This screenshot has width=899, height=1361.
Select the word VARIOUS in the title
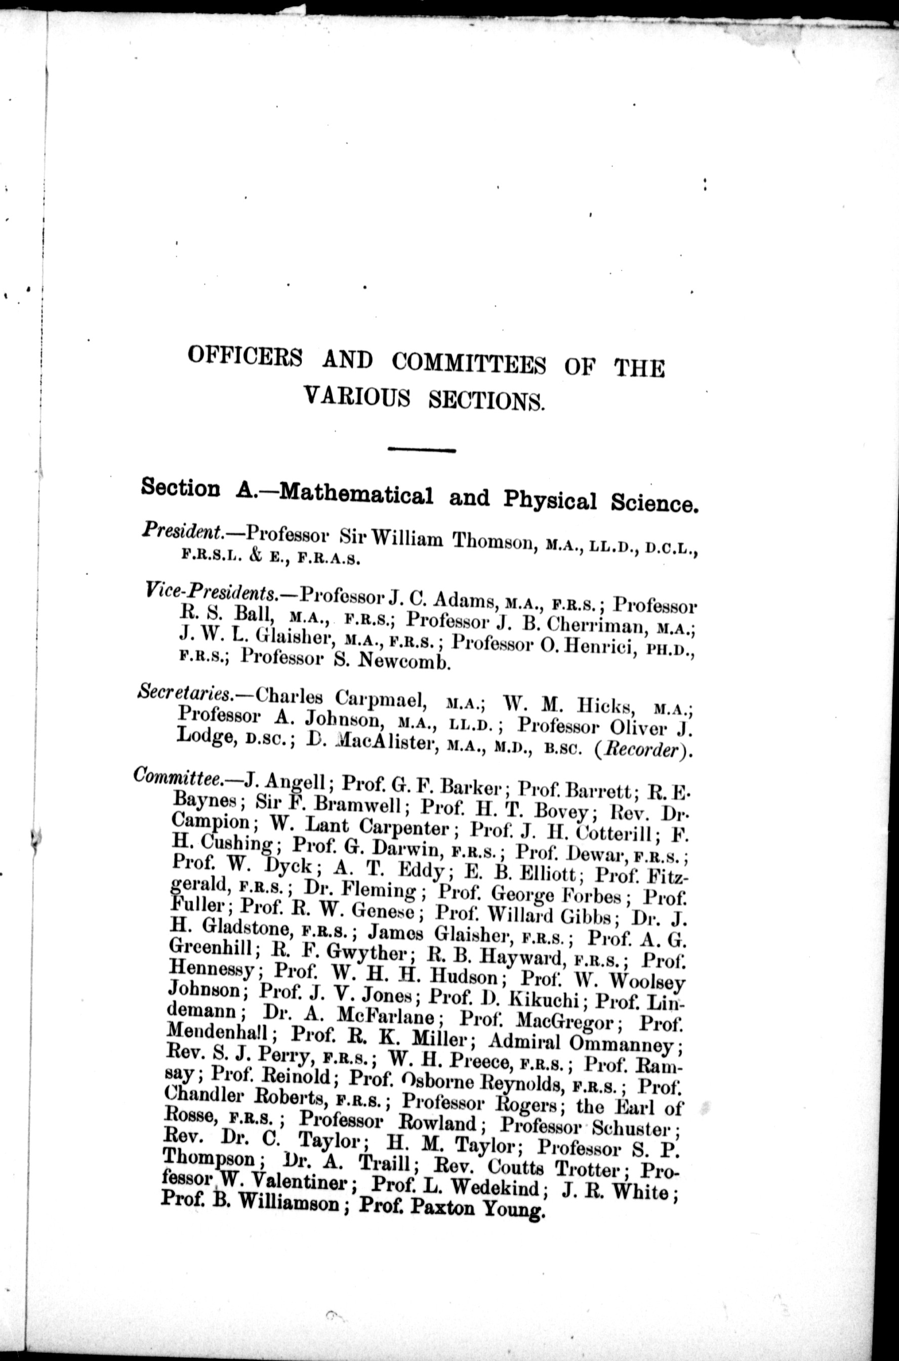357,396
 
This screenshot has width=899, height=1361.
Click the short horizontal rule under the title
421,450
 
